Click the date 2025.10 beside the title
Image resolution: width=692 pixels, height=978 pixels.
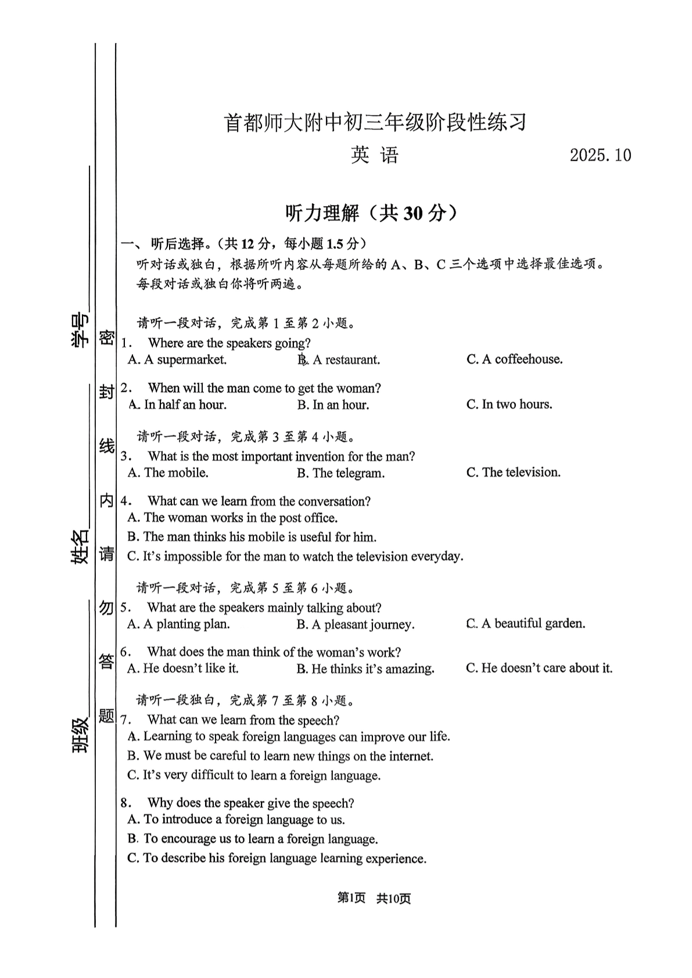coord(600,156)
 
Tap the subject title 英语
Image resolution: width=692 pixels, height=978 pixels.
coord(375,155)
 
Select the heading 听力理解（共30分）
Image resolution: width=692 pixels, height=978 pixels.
coord(371,213)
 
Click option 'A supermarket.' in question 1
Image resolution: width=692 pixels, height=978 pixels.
coord(177,360)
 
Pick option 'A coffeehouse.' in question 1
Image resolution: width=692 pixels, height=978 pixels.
coord(514,359)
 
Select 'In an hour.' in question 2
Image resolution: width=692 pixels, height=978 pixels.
coord(333,405)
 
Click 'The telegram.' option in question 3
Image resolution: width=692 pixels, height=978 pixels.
coord(340,473)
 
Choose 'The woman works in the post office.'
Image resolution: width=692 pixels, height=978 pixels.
coord(232,518)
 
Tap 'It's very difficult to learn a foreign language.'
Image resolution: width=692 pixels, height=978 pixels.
coord(254,776)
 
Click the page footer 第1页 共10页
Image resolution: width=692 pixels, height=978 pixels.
coord(374,898)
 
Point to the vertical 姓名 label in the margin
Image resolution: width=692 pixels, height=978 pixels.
coord(80,546)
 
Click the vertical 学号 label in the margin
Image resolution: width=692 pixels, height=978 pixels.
coord(80,330)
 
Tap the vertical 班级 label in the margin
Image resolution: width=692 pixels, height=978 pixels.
coord(80,735)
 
